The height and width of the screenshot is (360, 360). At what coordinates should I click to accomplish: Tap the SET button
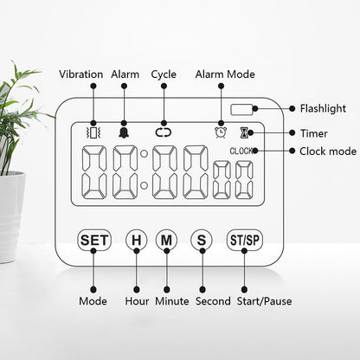click(x=94, y=240)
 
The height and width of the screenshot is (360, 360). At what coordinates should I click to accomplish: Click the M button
click(x=166, y=240)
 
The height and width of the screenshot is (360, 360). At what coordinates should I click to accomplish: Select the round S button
click(x=202, y=240)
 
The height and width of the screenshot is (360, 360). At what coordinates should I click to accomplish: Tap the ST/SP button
click(x=245, y=240)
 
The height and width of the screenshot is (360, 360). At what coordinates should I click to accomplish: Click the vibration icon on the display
click(x=93, y=132)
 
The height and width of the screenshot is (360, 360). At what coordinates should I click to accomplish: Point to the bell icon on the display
click(x=124, y=132)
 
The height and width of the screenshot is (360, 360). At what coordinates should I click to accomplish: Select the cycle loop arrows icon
click(x=164, y=132)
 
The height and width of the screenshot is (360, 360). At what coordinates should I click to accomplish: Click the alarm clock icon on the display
click(x=221, y=132)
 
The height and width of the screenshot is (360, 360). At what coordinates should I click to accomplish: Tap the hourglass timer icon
click(x=244, y=132)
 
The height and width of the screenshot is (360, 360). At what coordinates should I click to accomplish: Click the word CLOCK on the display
click(x=241, y=151)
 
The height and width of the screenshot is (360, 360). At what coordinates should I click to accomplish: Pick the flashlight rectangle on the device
click(x=241, y=109)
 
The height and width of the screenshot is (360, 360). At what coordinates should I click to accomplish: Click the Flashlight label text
click(x=323, y=108)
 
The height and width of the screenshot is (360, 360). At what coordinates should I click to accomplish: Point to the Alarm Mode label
click(x=225, y=74)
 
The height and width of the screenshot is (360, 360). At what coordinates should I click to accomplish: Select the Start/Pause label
click(x=264, y=301)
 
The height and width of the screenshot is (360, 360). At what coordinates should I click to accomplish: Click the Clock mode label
click(x=328, y=151)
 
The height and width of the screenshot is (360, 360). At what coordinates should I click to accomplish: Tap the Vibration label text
click(x=81, y=74)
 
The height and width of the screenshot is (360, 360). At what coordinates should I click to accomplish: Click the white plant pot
click(x=11, y=217)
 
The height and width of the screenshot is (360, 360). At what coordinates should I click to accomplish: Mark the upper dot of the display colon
click(x=144, y=154)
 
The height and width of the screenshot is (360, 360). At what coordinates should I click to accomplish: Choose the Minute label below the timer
click(x=172, y=301)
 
